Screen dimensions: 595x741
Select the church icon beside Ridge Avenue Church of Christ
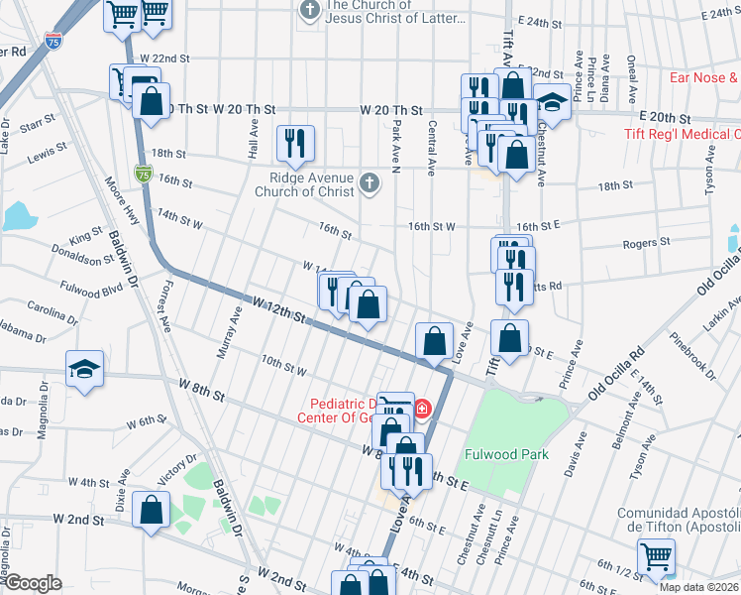coord(370,182)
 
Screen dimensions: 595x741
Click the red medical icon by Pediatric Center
coord(423,408)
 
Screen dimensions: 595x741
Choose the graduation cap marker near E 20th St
coord(551,101)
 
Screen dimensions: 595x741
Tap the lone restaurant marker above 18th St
coord(295,144)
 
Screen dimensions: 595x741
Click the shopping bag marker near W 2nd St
coord(150,511)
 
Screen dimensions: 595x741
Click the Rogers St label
coord(646,242)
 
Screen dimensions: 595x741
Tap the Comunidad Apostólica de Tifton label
coord(679,521)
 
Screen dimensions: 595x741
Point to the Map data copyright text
coord(698,587)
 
